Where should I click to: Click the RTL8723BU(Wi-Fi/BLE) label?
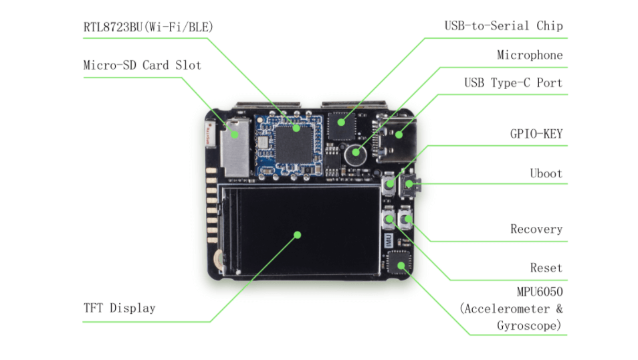(x=148, y=27)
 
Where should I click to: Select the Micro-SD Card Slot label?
(x=142, y=66)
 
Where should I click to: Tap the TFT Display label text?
(x=119, y=308)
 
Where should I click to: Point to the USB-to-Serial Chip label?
(x=503, y=26)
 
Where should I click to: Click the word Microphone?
(x=529, y=55)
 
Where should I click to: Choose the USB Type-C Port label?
(x=513, y=83)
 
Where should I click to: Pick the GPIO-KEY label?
(x=536, y=134)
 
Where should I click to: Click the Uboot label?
(x=546, y=173)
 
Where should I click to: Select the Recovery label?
(x=536, y=229)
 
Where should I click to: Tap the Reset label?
(x=546, y=268)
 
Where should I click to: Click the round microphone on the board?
(x=356, y=153)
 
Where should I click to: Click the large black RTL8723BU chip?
(x=294, y=143)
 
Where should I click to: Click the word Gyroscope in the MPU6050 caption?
(x=528, y=325)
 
